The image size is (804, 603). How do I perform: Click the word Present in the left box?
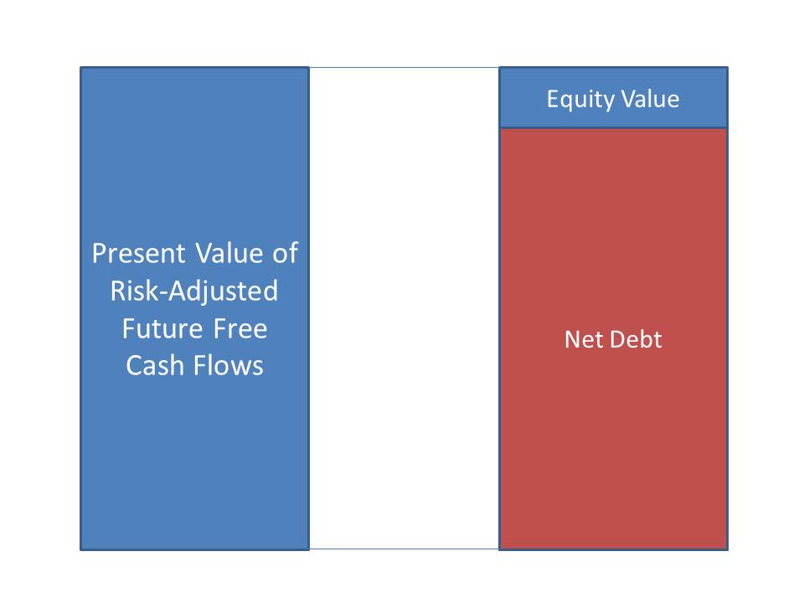(x=138, y=253)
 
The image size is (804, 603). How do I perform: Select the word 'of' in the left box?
(x=286, y=252)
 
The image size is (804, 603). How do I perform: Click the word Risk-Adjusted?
(x=194, y=291)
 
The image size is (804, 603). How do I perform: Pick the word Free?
(x=240, y=328)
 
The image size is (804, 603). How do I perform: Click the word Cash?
(x=155, y=366)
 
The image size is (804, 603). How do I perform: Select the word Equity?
(x=580, y=100)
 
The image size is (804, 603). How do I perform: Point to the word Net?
(x=582, y=339)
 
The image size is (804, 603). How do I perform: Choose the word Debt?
(x=635, y=339)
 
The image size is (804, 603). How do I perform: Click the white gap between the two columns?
(x=404, y=308)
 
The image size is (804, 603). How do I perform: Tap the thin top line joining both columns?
(x=404, y=67)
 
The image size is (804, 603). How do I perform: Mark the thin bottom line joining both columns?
(x=404, y=549)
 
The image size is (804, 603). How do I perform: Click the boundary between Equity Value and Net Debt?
(x=613, y=127)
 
